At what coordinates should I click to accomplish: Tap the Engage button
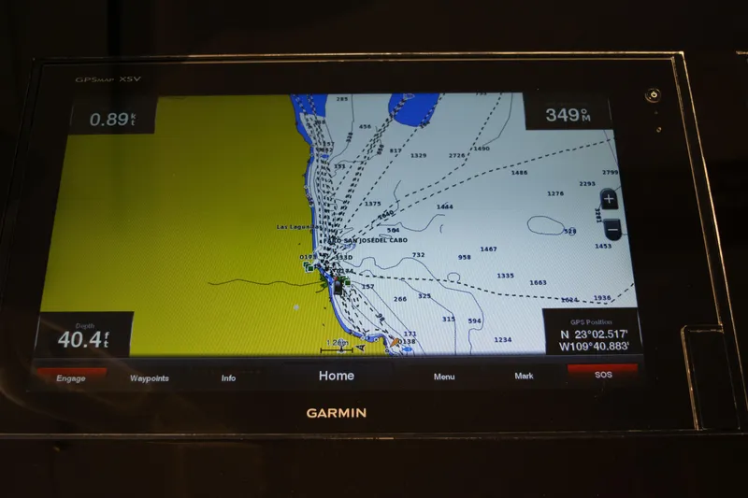click(71, 377)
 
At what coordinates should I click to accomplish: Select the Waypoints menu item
click(150, 378)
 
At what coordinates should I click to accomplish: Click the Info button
click(228, 378)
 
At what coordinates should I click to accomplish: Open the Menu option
click(444, 377)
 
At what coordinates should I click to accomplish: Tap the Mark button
click(524, 376)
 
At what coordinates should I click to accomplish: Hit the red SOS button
click(603, 374)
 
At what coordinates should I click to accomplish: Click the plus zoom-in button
click(609, 199)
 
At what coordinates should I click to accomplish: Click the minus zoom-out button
click(611, 227)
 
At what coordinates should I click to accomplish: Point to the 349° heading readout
click(568, 115)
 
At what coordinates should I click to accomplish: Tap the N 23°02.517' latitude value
click(594, 334)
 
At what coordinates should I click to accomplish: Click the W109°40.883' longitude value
click(593, 346)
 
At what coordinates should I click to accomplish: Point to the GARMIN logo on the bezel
click(337, 412)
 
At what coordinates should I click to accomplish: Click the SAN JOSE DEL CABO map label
click(370, 240)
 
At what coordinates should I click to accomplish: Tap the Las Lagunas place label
click(297, 227)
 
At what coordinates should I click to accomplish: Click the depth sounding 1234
click(502, 339)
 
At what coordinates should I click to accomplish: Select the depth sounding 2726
click(456, 156)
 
